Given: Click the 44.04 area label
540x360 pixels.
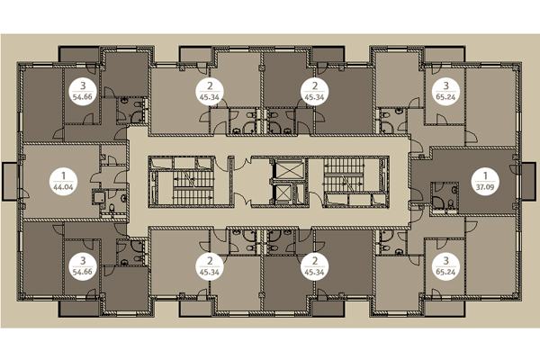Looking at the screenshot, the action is [63, 188].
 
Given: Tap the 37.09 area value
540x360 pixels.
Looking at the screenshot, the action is [485, 188].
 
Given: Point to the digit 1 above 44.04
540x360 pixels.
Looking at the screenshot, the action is [63, 176].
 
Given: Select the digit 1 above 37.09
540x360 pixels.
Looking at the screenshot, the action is [485, 176].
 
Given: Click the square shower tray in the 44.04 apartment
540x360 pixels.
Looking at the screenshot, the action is [98, 197].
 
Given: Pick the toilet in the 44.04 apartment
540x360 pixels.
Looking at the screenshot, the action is [112, 208].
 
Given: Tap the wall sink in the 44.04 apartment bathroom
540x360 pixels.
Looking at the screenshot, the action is [124, 198].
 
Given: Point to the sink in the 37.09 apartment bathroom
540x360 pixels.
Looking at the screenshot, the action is [454, 190].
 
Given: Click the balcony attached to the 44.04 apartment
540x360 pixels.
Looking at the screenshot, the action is [10, 181].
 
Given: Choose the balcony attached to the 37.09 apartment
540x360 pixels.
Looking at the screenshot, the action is [529, 181].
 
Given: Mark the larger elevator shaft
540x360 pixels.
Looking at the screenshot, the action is [289, 169].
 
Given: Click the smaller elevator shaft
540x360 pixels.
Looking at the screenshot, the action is [283, 193].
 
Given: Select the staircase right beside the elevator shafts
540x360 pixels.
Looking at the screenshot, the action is [355, 182].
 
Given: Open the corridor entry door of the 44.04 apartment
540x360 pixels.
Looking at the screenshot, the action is [121, 176].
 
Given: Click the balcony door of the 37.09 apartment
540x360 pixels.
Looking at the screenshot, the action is [513, 168].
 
